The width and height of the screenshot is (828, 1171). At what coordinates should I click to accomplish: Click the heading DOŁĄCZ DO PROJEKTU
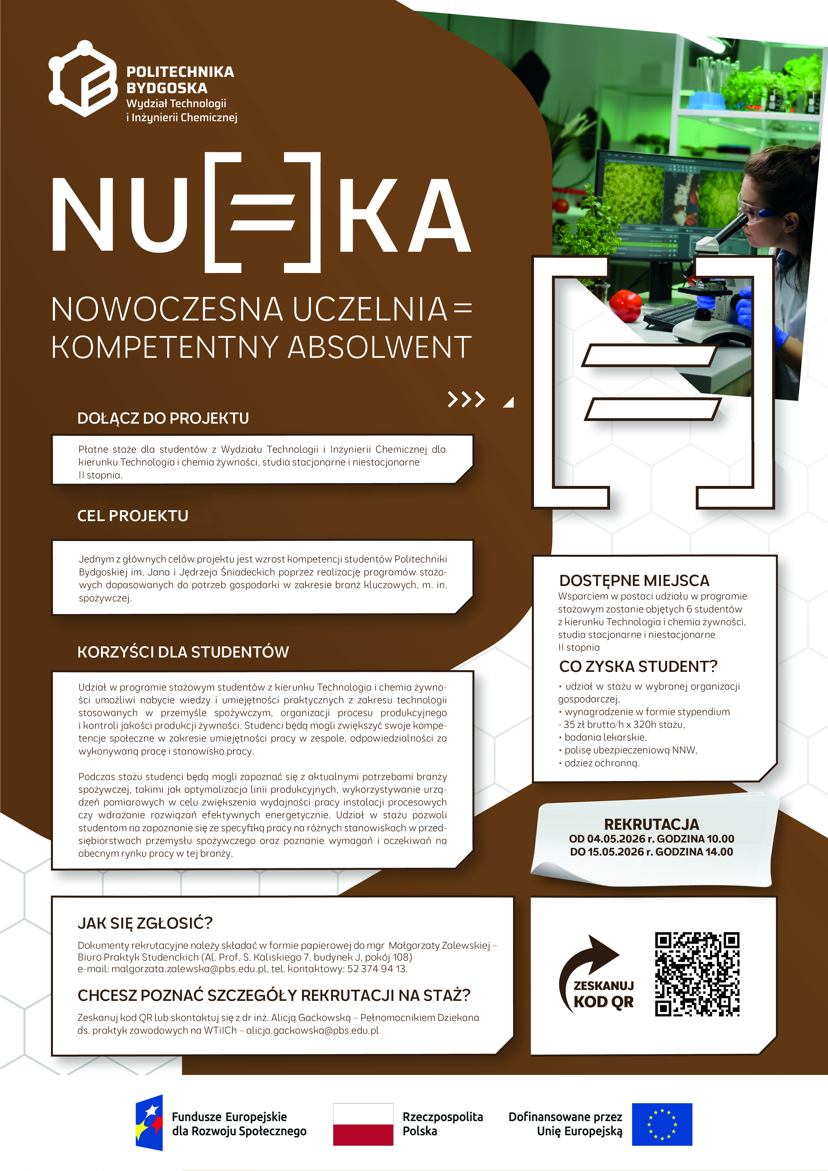[x=163, y=418]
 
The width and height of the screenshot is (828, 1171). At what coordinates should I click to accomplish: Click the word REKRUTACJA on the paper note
[x=651, y=824]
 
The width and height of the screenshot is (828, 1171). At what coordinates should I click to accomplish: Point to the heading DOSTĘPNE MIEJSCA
[x=634, y=580]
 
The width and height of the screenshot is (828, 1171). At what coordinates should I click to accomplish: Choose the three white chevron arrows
[x=466, y=399]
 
